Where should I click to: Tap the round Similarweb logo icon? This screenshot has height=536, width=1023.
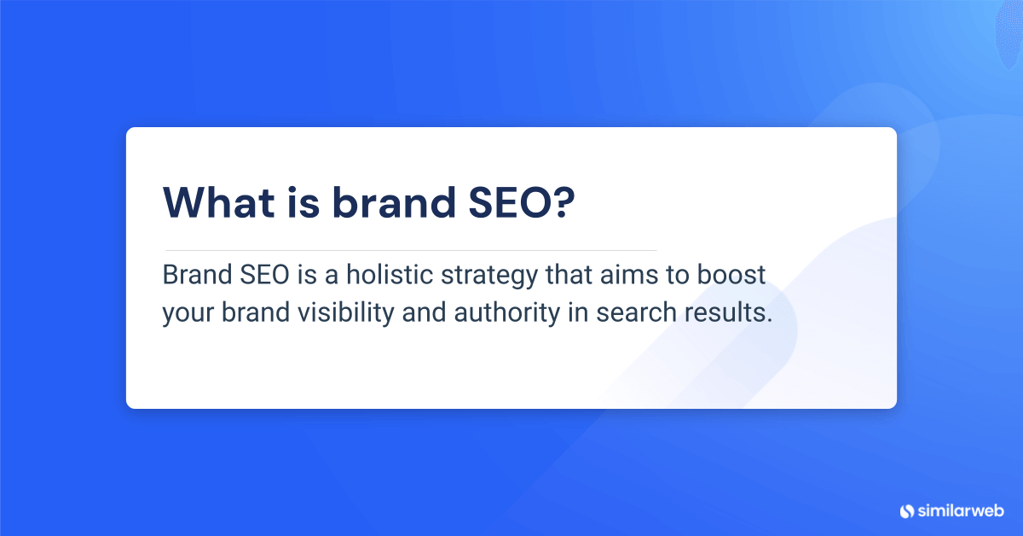click(906, 510)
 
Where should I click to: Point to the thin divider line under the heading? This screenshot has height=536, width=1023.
click(409, 250)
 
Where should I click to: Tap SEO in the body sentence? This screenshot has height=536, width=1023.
click(255, 277)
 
